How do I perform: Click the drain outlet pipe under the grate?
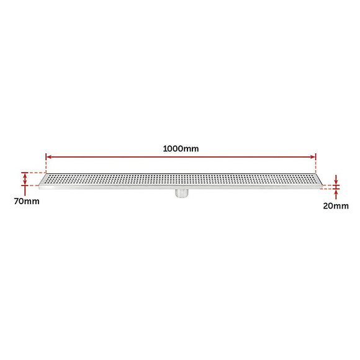181,194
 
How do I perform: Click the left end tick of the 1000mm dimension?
46,158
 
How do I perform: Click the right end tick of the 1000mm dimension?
316,158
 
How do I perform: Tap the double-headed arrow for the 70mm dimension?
25,179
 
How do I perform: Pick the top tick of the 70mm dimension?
25,173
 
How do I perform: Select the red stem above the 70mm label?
25,190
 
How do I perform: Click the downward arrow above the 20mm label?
336,179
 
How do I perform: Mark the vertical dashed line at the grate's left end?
46,166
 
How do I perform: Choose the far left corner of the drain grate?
38,184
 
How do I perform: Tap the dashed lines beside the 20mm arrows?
327,186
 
